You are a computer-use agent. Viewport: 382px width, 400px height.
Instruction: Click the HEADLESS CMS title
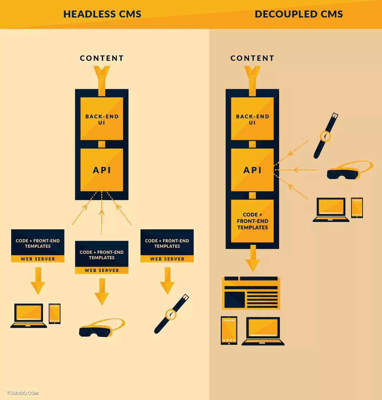coord(102,14)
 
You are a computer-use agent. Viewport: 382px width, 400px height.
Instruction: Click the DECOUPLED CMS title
coord(299,14)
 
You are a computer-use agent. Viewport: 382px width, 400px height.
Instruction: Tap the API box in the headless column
coord(102,170)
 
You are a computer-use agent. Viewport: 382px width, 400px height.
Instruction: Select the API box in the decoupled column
coord(252,170)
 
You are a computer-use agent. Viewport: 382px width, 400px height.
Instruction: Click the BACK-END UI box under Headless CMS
coord(102,118)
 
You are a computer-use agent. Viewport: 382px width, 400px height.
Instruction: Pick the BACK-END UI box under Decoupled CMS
coord(252,118)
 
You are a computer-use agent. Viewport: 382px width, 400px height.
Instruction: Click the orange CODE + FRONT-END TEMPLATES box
coord(252,221)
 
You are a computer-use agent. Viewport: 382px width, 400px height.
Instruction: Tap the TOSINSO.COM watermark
coord(22,393)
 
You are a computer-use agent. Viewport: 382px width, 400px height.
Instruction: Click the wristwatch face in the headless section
coord(171,315)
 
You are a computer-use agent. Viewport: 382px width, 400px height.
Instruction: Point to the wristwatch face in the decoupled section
coord(325,136)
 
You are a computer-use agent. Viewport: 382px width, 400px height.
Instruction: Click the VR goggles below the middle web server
coord(102,328)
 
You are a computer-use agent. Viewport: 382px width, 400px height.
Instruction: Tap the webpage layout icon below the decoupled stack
coord(251,293)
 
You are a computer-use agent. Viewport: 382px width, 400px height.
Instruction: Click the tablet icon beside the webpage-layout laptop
coord(229,331)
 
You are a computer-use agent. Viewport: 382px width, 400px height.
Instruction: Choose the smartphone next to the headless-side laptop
coord(54,313)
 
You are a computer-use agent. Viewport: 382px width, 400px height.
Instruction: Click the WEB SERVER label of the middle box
coord(102,270)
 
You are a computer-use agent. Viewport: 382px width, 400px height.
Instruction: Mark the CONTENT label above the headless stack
coord(102,58)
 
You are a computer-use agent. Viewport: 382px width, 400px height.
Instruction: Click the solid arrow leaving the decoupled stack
coord(253,259)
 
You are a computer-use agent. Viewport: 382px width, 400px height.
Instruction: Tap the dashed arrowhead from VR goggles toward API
coord(296,170)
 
